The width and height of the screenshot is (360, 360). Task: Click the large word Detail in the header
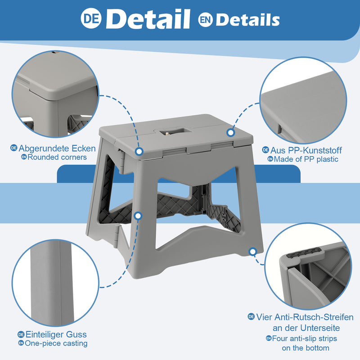click(148, 19)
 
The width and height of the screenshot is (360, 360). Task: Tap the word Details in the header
click(248, 20)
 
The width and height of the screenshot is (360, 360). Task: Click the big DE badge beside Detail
click(91, 18)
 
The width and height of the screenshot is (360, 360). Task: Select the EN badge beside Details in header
click(205, 20)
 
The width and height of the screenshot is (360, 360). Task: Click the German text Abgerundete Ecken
click(57, 148)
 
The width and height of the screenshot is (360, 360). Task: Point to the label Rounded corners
click(57, 157)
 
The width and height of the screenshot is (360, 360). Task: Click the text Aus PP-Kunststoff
click(306, 150)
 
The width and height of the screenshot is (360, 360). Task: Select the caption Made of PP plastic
click(306, 159)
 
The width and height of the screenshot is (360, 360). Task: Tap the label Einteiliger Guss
click(56, 334)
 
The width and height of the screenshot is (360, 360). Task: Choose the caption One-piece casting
click(56, 343)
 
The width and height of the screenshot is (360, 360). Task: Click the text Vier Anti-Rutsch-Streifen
click(305, 317)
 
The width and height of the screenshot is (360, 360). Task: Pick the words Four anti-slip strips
click(305, 338)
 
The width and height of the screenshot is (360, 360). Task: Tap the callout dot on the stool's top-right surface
click(230, 132)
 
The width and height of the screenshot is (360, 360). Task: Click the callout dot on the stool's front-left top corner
click(139, 152)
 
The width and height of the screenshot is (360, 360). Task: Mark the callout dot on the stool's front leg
click(138, 216)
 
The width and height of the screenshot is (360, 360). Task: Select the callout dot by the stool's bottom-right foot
click(253, 252)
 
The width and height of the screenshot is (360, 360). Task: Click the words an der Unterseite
click(306, 328)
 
